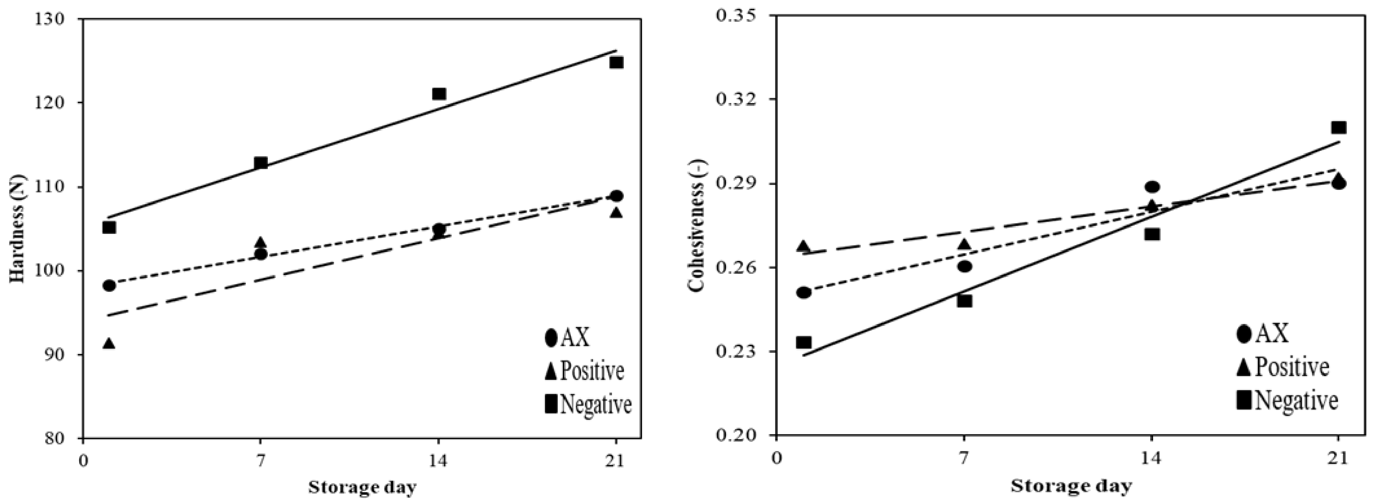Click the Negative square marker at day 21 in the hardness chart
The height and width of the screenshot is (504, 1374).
616,62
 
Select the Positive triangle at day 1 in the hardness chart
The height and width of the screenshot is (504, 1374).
109,344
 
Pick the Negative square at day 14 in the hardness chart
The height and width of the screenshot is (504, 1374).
438,94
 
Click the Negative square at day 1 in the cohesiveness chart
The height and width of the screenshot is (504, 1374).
804,342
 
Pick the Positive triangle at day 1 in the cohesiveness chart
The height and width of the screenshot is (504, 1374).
803,247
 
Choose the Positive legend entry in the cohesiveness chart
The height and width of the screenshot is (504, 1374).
1282,367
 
